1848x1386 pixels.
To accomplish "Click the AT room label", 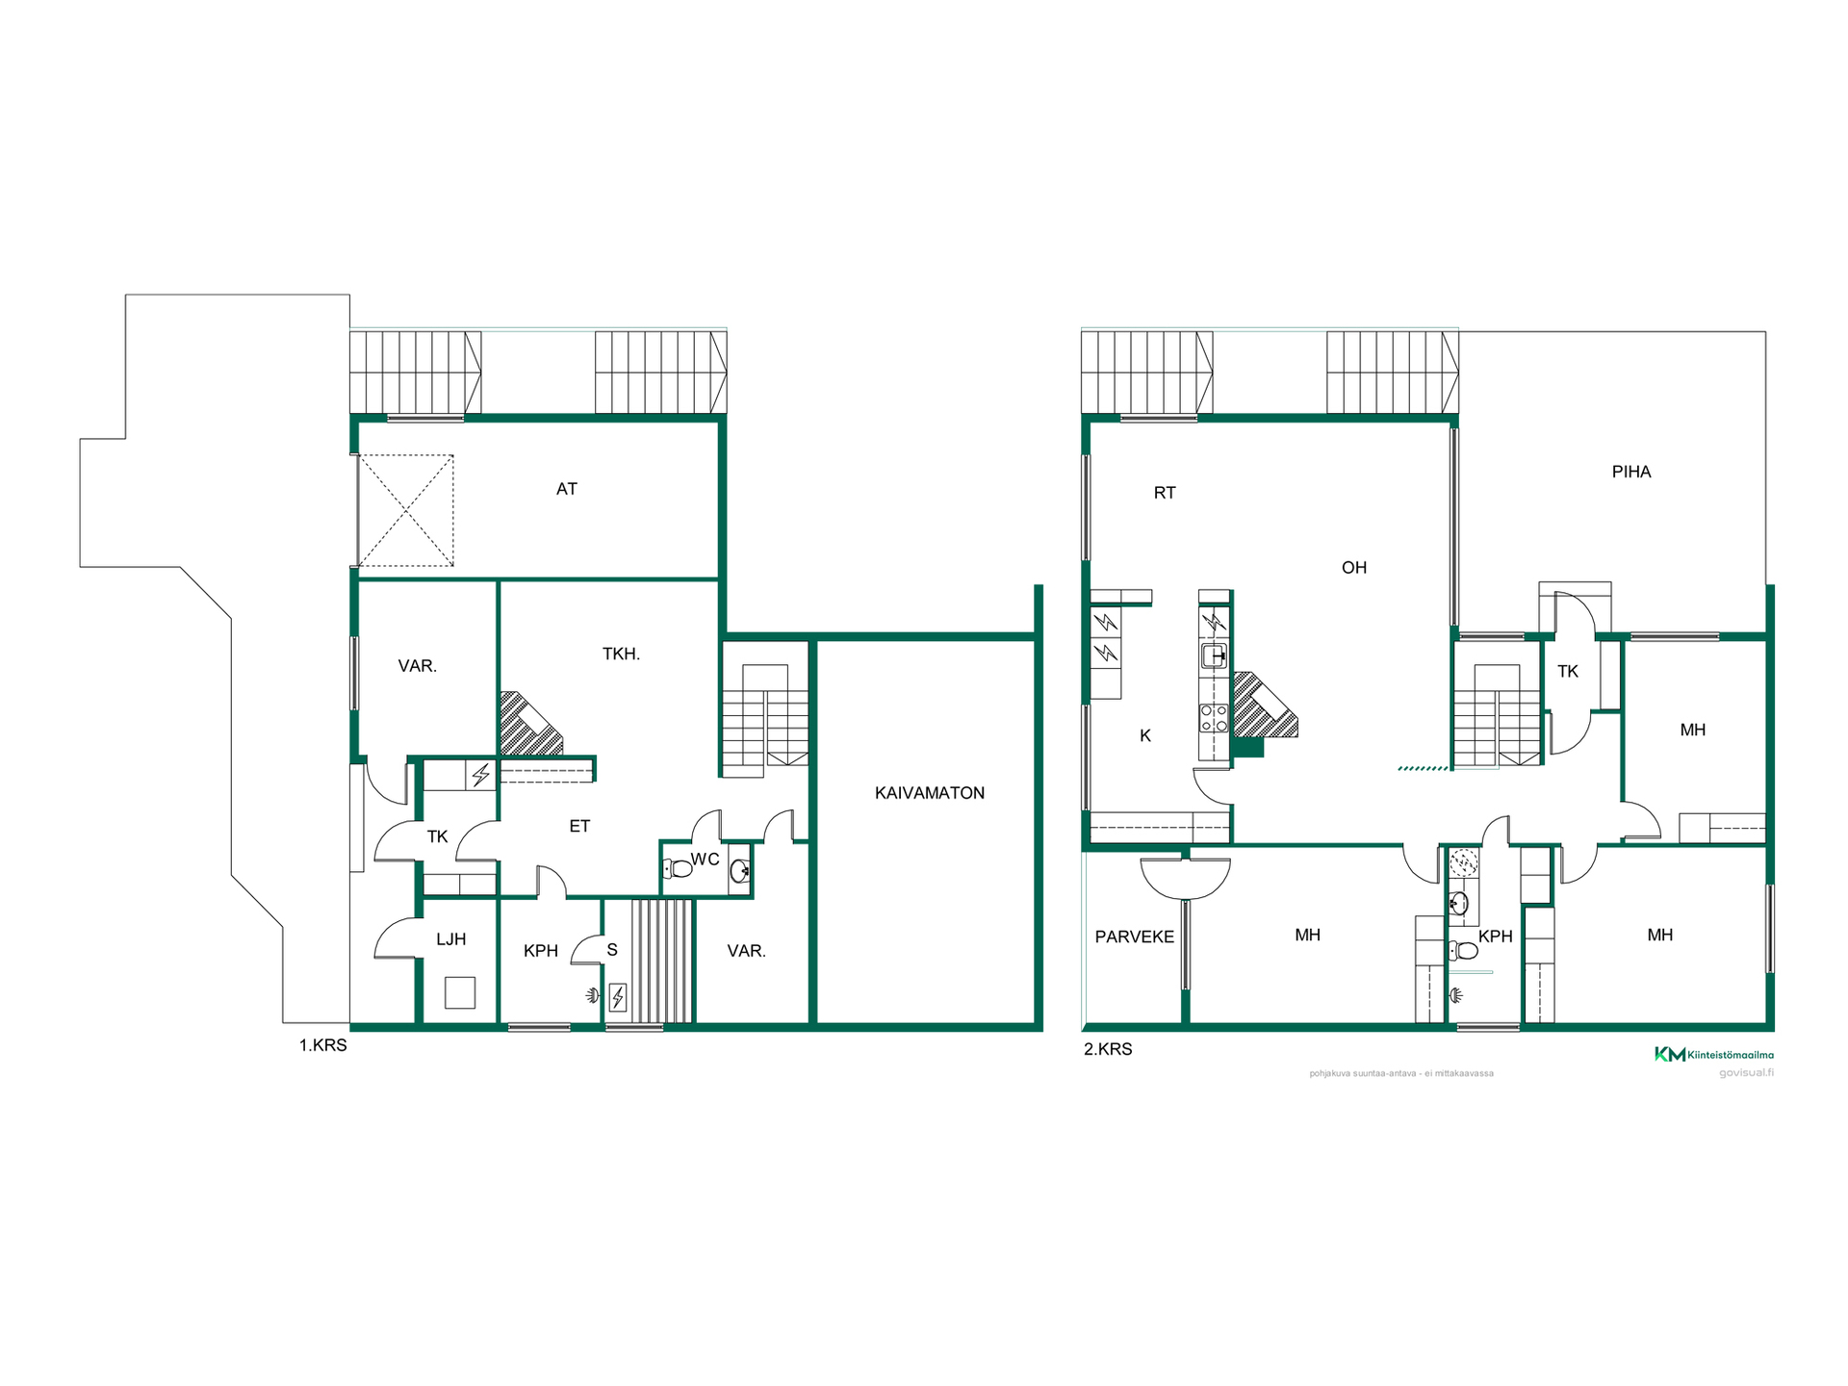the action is [x=567, y=489].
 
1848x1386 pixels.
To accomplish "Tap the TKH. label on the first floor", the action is [x=622, y=654].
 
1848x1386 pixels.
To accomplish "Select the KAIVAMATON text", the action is [x=930, y=793].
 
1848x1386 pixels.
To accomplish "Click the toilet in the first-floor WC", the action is [x=679, y=868].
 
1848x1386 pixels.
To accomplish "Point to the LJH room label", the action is [x=451, y=939].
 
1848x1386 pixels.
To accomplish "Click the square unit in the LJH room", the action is [x=460, y=992].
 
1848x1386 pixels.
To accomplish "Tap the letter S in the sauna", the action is [x=612, y=950].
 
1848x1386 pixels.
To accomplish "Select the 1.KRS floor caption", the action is [x=323, y=1045].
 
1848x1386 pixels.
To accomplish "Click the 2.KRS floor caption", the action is [x=1108, y=1049].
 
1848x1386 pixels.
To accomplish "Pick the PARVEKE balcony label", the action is [x=1135, y=937].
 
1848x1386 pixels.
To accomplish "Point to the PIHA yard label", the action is [x=1631, y=472].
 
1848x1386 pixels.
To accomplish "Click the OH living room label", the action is [x=1354, y=568].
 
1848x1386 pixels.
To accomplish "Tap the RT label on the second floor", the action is [x=1165, y=493].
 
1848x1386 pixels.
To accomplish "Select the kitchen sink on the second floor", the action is [x=1214, y=656].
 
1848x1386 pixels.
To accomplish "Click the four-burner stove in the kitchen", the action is [x=1214, y=718].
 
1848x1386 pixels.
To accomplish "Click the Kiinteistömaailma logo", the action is [x=1714, y=1054].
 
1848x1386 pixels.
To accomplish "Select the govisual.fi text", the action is [x=1746, y=1072].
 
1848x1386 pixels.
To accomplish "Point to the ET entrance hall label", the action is [x=579, y=826].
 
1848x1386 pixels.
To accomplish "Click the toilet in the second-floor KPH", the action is [x=1464, y=951].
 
